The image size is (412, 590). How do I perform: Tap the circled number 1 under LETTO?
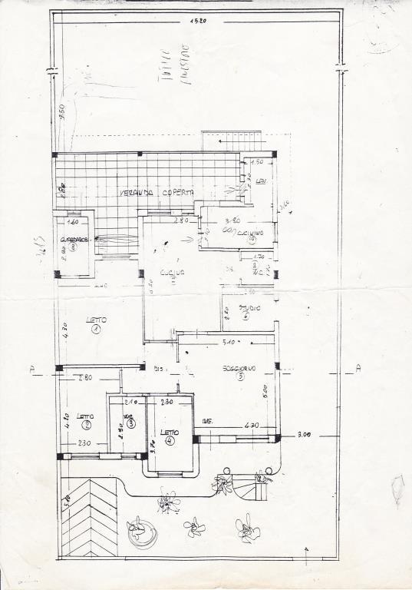[96, 330]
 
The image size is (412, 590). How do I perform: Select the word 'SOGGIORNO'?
[239, 368]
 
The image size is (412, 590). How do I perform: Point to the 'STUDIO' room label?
[249, 307]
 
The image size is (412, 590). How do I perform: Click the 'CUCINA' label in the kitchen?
[173, 273]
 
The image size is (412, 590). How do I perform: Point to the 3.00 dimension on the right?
[304, 435]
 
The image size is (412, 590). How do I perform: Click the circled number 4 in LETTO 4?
[170, 441]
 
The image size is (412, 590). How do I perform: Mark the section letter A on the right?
[358, 369]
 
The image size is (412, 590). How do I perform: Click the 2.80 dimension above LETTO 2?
[84, 378]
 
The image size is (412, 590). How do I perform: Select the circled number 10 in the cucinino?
[251, 239]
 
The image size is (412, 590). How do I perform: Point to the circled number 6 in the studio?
[245, 316]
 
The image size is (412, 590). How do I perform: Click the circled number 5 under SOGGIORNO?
[240, 377]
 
